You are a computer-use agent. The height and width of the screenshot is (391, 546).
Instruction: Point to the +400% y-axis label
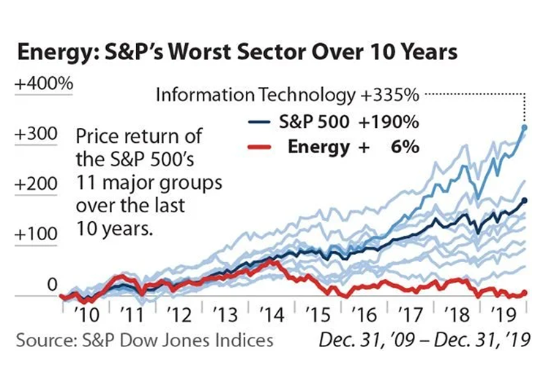coord(44,83)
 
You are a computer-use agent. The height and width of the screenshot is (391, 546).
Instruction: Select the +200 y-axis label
coord(36,184)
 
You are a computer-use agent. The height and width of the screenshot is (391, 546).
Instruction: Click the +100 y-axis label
coord(36,234)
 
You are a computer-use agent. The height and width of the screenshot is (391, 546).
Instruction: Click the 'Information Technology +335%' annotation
coord(287,95)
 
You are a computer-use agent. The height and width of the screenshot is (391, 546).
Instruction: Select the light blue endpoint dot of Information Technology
coord(523,127)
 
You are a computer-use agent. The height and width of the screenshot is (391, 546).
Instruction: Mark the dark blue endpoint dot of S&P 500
coord(524,200)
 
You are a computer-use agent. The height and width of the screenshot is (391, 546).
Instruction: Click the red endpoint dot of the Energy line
coord(524,294)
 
